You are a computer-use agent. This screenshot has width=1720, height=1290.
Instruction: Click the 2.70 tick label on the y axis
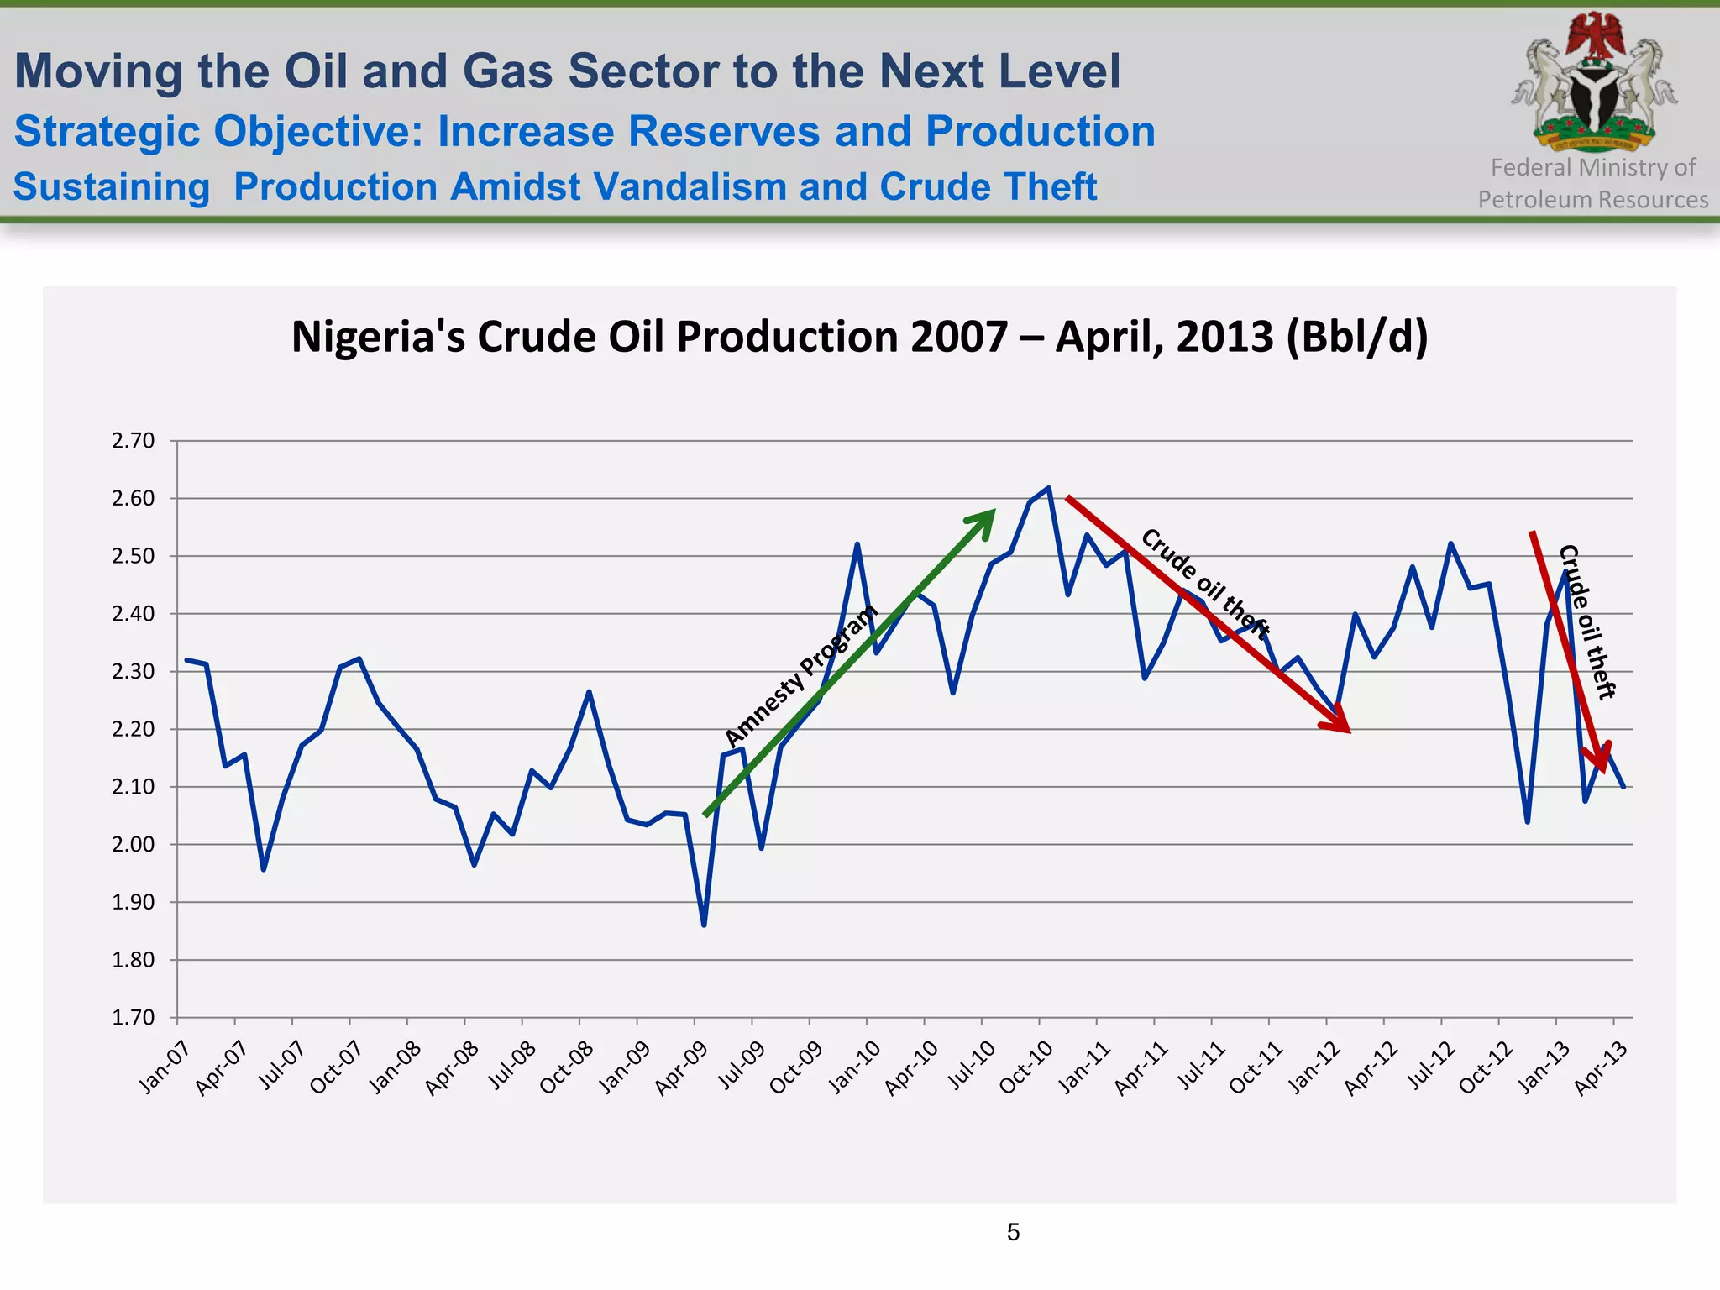pyautogui.click(x=134, y=441)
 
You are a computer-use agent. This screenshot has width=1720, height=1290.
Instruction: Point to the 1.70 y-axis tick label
pyautogui.click(x=134, y=1018)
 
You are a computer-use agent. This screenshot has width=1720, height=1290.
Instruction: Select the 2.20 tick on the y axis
pyautogui.click(x=134, y=729)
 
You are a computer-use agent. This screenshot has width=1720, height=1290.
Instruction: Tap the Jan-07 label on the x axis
pyautogui.click(x=165, y=1067)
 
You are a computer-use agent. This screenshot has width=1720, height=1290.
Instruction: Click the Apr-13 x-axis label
pyautogui.click(x=1601, y=1067)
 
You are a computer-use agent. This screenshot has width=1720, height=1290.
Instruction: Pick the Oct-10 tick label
pyautogui.click(x=1025, y=1067)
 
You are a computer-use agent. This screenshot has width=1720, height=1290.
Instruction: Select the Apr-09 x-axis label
pyautogui.click(x=681, y=1067)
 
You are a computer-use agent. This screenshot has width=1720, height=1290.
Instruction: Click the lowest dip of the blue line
pyautogui.click(x=704, y=925)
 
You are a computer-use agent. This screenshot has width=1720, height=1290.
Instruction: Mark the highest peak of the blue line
pyautogui.click(x=1049, y=487)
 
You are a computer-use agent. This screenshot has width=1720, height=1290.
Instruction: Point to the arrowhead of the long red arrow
pyautogui.click(x=1347, y=730)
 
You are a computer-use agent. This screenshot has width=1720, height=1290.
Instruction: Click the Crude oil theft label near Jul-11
pyautogui.click(x=1205, y=583)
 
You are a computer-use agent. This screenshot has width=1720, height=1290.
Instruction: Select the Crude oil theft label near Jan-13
pyautogui.click(x=1586, y=621)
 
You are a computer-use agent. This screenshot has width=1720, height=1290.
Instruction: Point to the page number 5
pyautogui.click(x=1013, y=1232)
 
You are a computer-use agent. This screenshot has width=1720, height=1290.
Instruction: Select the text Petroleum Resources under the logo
pyautogui.click(x=1592, y=200)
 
